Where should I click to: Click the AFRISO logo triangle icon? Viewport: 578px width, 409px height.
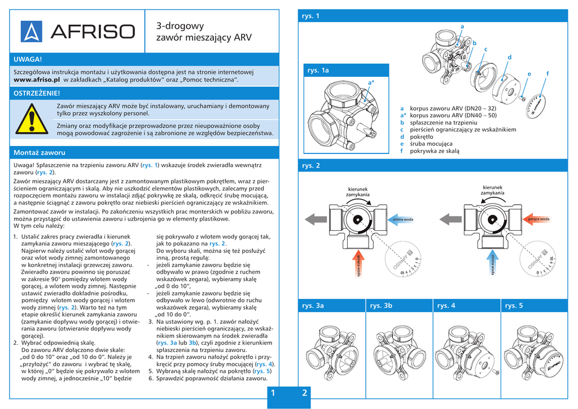[x=32, y=32]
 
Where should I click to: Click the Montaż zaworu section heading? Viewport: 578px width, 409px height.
[x=39, y=153]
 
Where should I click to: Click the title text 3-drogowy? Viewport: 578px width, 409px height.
[x=179, y=26]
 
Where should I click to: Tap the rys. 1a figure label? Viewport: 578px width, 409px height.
[x=318, y=71]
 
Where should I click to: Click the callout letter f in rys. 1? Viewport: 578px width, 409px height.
[x=548, y=74]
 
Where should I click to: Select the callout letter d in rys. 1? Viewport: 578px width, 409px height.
[x=509, y=57]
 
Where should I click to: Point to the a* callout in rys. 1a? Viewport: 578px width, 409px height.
[x=371, y=83]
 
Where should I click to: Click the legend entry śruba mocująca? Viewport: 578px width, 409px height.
[x=432, y=144]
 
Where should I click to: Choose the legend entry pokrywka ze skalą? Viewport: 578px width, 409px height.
[x=435, y=151]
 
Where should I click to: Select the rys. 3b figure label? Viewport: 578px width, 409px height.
[x=380, y=306]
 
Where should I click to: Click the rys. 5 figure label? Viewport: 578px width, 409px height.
[x=514, y=306]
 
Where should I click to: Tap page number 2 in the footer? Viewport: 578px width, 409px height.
[x=305, y=393]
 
